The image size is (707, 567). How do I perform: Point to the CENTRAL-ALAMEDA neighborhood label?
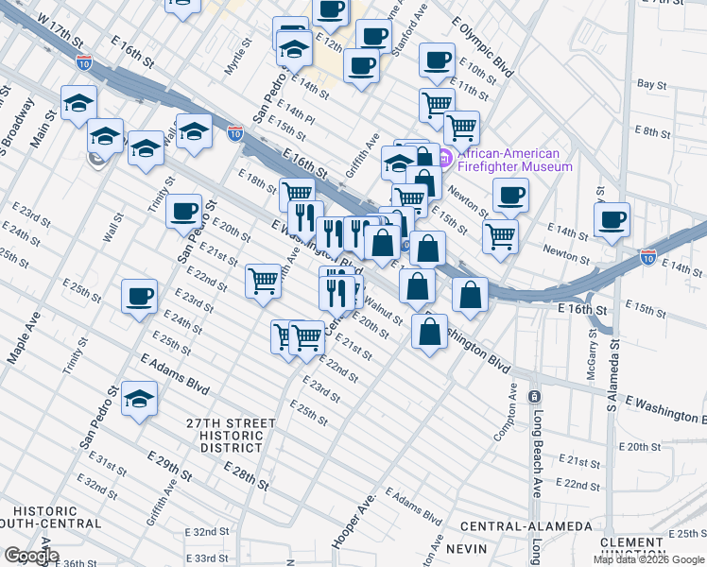coord(526,525)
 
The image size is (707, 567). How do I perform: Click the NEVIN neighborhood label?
coord(466,548)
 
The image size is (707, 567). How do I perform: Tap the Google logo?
coord(30,556)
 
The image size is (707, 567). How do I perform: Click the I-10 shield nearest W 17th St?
coord(85,63)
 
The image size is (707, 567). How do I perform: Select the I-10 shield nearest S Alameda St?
coord(647,256)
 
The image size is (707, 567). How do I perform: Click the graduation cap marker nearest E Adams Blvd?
coord(139,399)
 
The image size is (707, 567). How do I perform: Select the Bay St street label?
coord(652,84)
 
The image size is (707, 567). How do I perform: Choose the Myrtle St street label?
coord(236,58)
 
